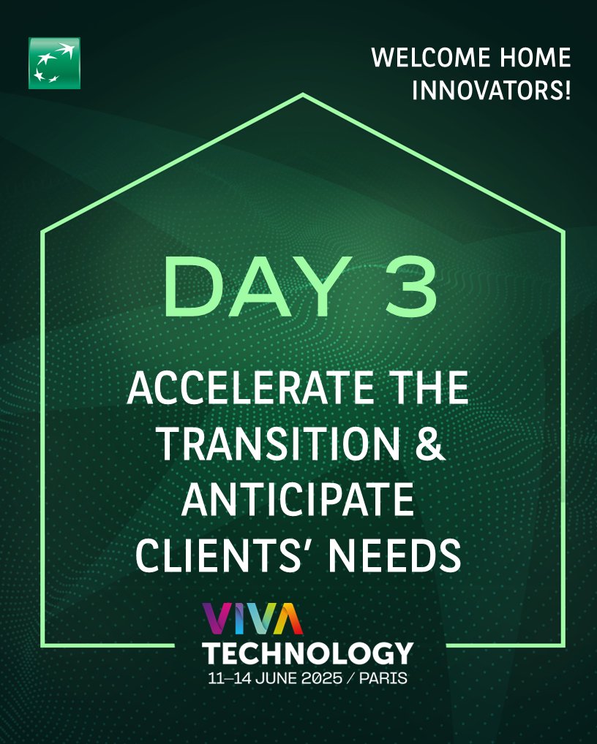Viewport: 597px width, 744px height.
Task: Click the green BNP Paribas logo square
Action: [x=54, y=63]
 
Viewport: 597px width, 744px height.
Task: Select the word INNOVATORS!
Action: [x=491, y=92]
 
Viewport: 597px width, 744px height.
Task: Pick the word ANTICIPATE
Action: [x=297, y=499]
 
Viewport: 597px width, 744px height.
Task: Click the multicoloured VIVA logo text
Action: [x=252, y=618]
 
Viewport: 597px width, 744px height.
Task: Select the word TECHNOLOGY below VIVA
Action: [x=307, y=652]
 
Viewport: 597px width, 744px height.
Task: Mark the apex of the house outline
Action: [x=302, y=94]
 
